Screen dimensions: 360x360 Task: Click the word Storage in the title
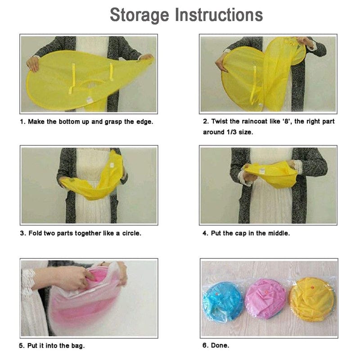tap(139, 15)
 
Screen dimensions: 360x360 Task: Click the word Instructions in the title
tap(219, 15)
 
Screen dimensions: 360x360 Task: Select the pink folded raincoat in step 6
tap(265, 299)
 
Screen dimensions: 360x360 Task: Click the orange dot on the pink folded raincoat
tap(266, 292)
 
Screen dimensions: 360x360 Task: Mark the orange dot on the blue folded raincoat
tap(216, 294)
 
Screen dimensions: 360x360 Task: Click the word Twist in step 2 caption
tap(220, 121)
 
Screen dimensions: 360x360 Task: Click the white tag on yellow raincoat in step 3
tap(112, 165)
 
